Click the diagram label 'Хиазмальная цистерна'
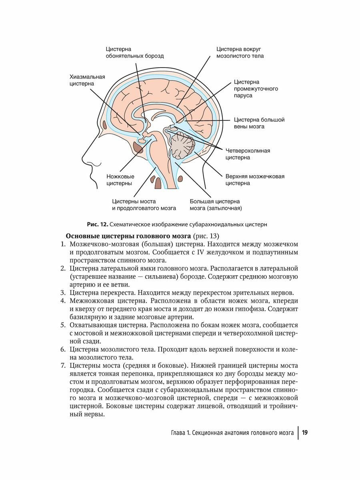pyautogui.click(x=87, y=80)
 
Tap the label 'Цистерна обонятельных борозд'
pyautogui.click(x=134, y=52)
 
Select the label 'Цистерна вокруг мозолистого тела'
pyautogui.click(x=240, y=52)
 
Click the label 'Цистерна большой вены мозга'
pyautogui.click(x=259, y=123)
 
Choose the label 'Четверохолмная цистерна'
pyautogui.click(x=248, y=154)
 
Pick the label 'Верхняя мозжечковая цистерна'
pyautogui.click(x=255, y=180)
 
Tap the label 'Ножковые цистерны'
pyautogui.click(x=120, y=180)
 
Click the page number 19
pyautogui.click(x=305, y=432)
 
